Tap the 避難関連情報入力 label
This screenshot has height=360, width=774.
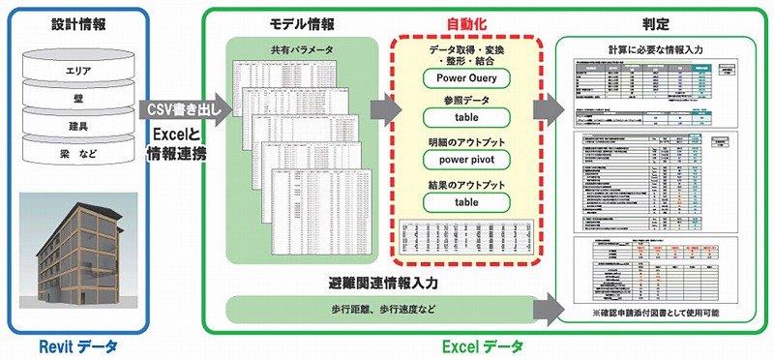(x=382, y=283)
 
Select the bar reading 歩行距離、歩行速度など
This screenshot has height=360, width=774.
(x=382, y=310)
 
